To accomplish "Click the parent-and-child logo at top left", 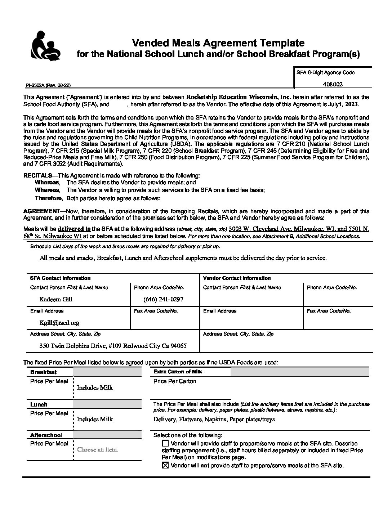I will (46, 46).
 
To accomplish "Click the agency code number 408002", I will (333, 85).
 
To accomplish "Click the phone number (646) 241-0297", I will (163, 299).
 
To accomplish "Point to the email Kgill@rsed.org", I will (59, 323).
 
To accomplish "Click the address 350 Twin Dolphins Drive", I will (113, 346).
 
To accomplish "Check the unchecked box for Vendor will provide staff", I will (165, 443).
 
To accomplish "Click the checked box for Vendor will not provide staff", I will (165, 466).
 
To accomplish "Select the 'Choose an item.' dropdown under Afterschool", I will (98, 449).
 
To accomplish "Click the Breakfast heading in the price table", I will (43, 372).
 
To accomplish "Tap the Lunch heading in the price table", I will (39, 404).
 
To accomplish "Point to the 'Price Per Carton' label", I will (175, 381).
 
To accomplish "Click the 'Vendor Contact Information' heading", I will (237, 278).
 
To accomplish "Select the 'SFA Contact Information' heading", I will (60, 278).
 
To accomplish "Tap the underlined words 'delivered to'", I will (74, 229).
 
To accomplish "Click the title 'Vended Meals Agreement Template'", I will (218, 43).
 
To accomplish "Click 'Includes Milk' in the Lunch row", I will (95, 419).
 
